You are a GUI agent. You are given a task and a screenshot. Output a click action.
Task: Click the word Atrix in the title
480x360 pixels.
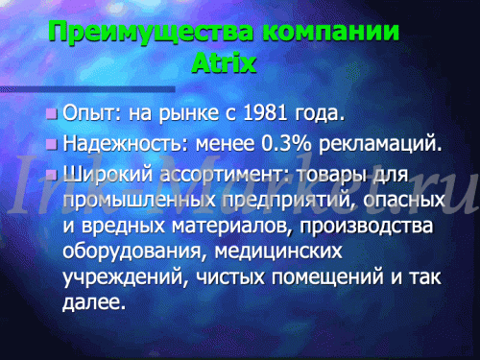[x=224, y=62]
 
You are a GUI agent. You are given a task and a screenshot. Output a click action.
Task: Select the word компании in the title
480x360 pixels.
[x=330, y=32]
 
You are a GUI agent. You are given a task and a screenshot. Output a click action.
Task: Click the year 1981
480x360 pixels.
[x=265, y=112]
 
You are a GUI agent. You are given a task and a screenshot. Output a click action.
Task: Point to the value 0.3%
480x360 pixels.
[x=286, y=143]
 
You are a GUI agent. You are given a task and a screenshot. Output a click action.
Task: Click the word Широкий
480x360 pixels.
[x=108, y=175]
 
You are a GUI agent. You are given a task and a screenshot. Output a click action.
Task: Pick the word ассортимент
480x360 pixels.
[x=225, y=176]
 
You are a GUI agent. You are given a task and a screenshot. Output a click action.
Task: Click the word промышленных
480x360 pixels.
[x=139, y=201]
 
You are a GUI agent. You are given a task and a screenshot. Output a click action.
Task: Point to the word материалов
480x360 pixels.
[x=232, y=226]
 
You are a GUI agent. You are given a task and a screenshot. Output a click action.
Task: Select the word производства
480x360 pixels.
[x=367, y=226]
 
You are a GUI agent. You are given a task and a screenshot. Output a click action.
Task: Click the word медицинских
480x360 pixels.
[x=278, y=252]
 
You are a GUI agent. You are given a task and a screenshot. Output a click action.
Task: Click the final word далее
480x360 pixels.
[x=93, y=302]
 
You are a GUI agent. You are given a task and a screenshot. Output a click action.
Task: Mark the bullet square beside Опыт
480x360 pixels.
[x=52, y=113]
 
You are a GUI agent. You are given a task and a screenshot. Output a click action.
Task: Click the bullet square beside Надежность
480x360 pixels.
[x=52, y=144]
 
